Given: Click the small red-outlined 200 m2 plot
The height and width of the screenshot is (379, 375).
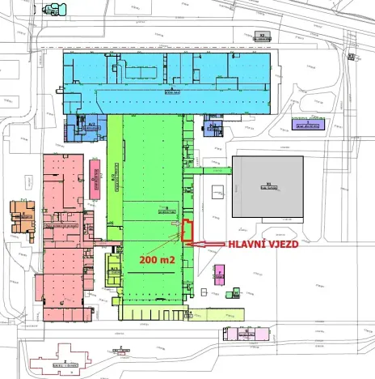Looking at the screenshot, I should click(x=186, y=231).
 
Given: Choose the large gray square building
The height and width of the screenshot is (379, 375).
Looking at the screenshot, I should click(x=268, y=186).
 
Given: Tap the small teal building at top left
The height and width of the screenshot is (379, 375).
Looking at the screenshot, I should click(x=56, y=11).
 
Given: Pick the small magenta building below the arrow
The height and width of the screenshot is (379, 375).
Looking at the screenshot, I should click(x=218, y=271).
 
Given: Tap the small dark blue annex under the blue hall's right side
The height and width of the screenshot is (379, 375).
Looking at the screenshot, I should click(x=214, y=126).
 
